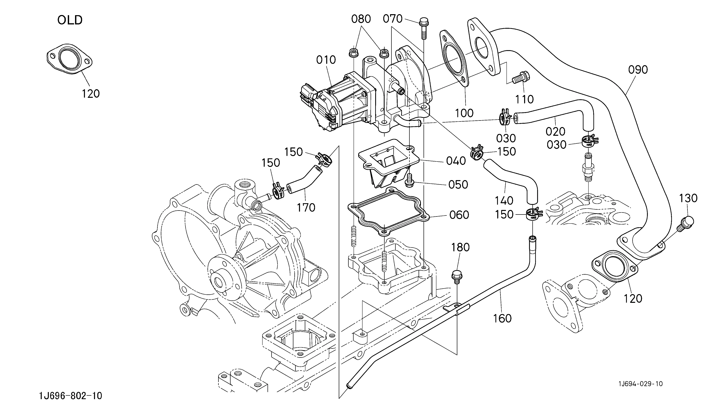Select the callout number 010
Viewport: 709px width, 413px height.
326,60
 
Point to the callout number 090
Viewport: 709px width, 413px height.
638,70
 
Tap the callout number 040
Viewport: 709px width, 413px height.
456,161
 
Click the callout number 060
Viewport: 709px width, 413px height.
459,215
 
